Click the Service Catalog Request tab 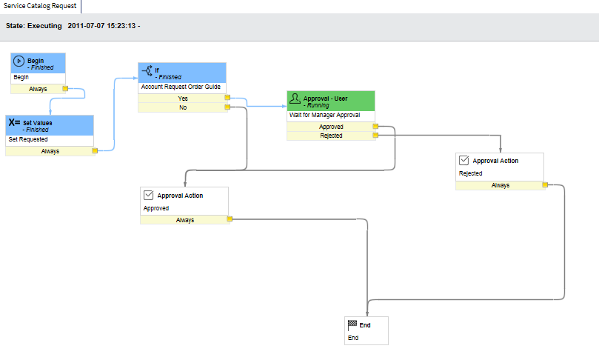(x=39, y=5)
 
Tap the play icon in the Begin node (x=19, y=61)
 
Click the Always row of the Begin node (x=38, y=88)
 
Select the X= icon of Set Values (x=14, y=123)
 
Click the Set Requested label (x=28, y=139)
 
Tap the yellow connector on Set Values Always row (x=95, y=151)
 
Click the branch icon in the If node (x=147, y=72)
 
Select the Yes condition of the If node (x=182, y=98)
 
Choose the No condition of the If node (x=182, y=107)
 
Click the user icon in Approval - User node (x=295, y=99)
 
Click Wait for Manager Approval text (x=324, y=115)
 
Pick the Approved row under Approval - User (x=331, y=127)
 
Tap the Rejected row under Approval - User (x=331, y=136)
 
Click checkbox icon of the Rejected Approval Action (x=464, y=160)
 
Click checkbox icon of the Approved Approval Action (x=148, y=196)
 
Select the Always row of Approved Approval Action (x=185, y=219)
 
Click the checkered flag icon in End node (x=352, y=324)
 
